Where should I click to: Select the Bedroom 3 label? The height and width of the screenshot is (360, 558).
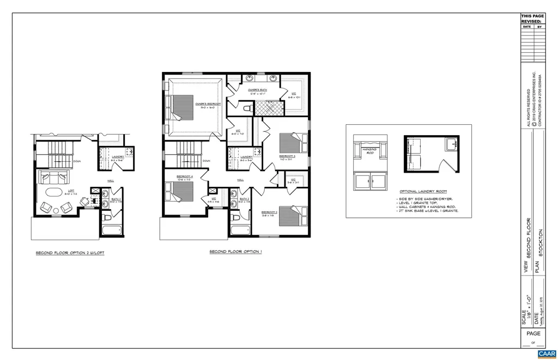(287, 156)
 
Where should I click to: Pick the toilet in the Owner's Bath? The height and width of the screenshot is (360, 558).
(247, 109)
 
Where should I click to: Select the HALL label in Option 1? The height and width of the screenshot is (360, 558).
(240, 179)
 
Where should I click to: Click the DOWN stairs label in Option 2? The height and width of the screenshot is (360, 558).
(77, 161)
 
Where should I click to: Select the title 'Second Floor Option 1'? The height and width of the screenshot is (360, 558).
(235, 252)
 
